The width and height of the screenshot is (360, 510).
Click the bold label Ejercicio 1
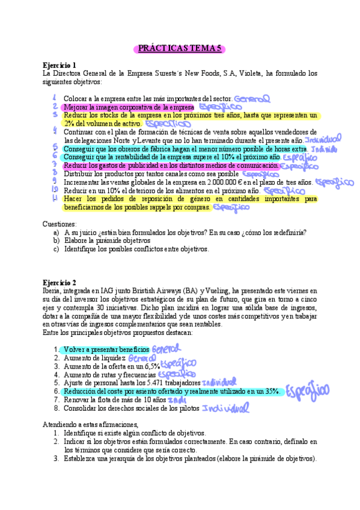coord(59,65)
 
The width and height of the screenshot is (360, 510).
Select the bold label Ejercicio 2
coord(59,282)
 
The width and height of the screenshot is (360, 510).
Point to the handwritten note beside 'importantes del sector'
coord(252,98)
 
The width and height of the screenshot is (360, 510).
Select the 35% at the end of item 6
coord(272,392)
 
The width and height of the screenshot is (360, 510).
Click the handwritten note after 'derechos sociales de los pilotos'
coord(225,409)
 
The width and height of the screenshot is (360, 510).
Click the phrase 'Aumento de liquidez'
coord(94,358)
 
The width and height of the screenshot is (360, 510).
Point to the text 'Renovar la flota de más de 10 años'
coord(114,400)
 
